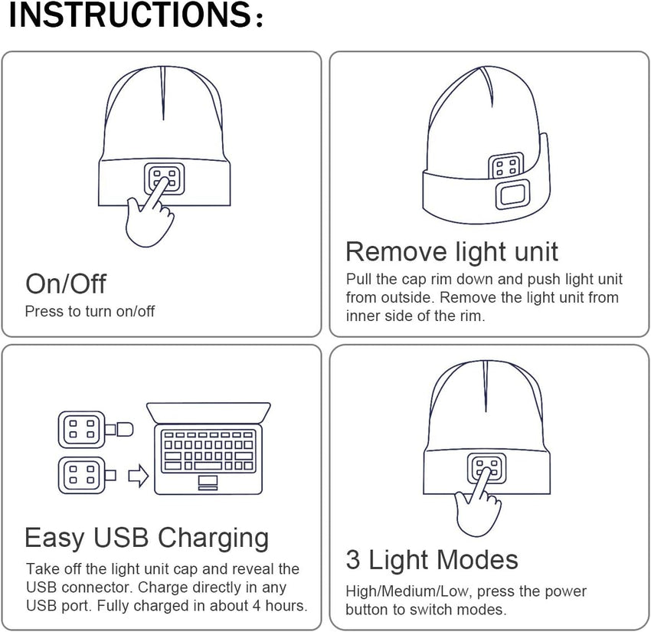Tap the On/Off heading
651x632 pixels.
tap(66, 283)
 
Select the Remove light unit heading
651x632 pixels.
tap(452, 251)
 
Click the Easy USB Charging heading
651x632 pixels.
tap(147, 538)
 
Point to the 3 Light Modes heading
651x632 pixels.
tap(432, 559)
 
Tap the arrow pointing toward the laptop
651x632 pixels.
tap(138, 476)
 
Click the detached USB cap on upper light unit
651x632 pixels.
tap(122, 429)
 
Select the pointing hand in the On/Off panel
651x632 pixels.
tap(149, 217)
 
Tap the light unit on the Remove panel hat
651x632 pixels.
tap(506, 165)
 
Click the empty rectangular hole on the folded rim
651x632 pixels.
tap(510, 196)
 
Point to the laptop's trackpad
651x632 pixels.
tap(208, 481)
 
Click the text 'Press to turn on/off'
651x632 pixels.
tap(90, 312)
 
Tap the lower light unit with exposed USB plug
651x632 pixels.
tap(83, 476)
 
